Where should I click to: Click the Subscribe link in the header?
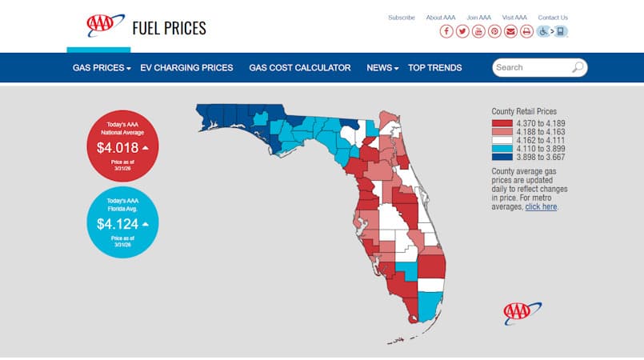click(402, 18)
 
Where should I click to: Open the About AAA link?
click(441, 18)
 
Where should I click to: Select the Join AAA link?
click(478, 18)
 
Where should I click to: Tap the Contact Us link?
click(553, 18)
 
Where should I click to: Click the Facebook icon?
click(446, 31)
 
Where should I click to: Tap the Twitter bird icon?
click(462, 31)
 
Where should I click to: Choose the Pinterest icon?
click(494, 31)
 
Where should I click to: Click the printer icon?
click(526, 31)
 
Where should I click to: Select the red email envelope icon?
click(510, 31)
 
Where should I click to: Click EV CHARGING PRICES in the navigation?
click(186, 68)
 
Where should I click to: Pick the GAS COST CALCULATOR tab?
click(300, 68)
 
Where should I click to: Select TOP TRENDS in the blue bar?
click(434, 68)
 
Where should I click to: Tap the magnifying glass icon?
click(578, 68)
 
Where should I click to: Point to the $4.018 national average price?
click(118, 148)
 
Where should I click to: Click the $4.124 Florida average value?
click(118, 224)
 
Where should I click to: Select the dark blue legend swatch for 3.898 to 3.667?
click(502, 158)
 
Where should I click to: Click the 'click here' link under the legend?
click(541, 206)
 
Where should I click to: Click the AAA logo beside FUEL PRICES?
click(106, 26)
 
